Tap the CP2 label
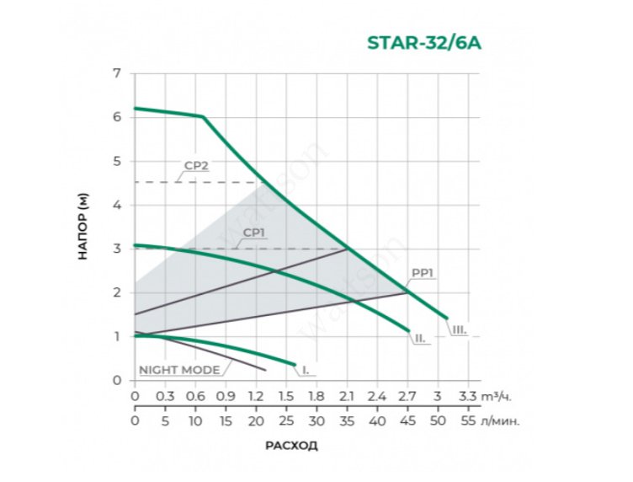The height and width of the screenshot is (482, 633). pos(196,166)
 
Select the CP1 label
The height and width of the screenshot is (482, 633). pos(254,232)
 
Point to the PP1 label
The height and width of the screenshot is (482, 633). pos(423,273)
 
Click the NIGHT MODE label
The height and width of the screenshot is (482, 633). pos(179,370)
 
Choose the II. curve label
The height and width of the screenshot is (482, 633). pos(418,339)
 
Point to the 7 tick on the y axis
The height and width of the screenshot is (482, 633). pos(117,73)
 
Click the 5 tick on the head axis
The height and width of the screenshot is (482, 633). pos(117,161)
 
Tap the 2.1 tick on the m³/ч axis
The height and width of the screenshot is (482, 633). pos(347,395)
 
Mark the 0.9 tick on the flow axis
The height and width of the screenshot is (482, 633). pos(226,395)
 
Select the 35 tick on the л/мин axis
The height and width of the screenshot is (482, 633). pos(347,420)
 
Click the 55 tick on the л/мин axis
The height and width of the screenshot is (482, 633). pos(468,420)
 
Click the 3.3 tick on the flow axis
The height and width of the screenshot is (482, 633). pos(467,395)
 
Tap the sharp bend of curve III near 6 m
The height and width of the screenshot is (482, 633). pos(203,116)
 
